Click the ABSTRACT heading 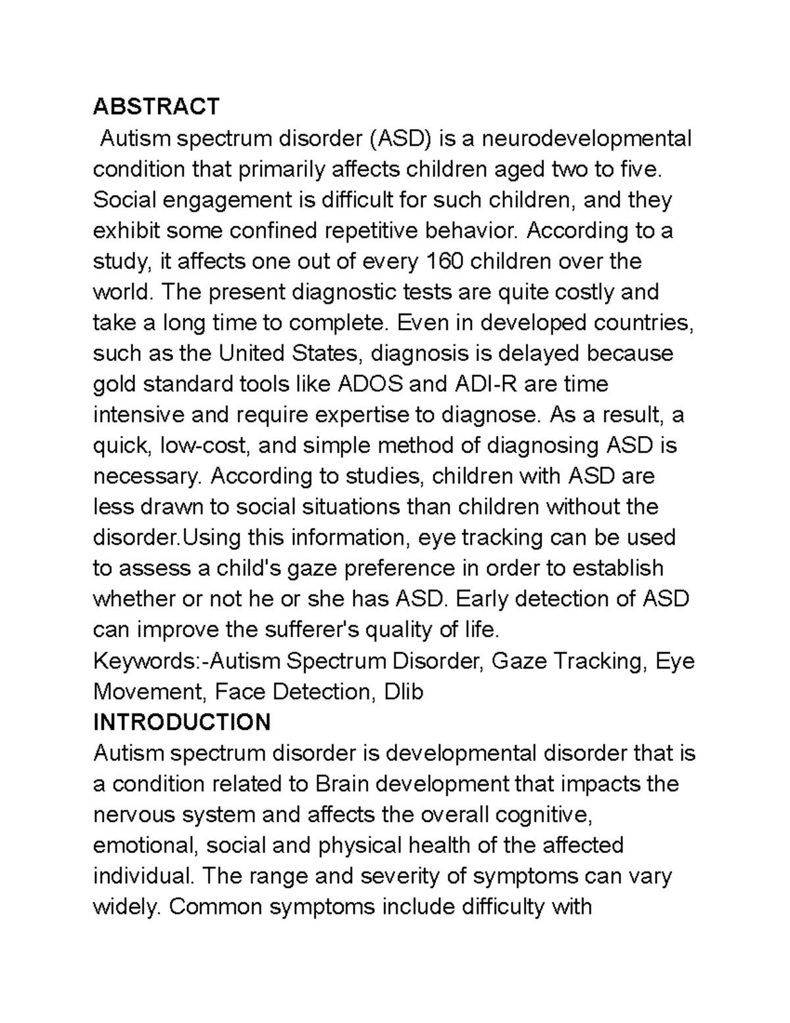[156, 106]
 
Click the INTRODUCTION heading [182, 722]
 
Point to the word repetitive [355, 231]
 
